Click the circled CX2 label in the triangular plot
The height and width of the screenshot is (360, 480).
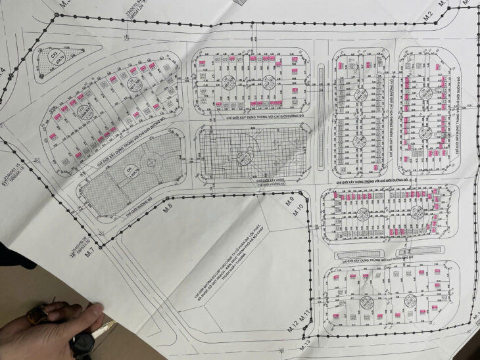pyautogui.click(x=55, y=57)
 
